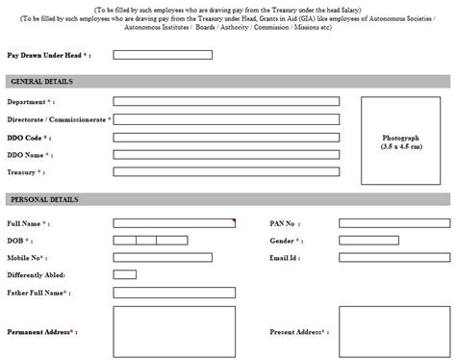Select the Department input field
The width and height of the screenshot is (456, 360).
pyautogui.click(x=226, y=101)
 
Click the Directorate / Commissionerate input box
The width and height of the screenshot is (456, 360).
pyautogui.click(x=226, y=119)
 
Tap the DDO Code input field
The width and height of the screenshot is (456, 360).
pyautogui.click(x=226, y=137)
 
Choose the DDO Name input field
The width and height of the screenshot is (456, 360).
pyautogui.click(x=226, y=154)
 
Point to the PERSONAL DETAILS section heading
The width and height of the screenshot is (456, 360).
pyautogui.click(x=42, y=199)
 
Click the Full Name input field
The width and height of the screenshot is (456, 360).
pyautogui.click(x=174, y=223)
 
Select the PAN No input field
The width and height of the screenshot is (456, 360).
pyautogui.click(x=394, y=223)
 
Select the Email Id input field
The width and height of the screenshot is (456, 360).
pyautogui.click(x=394, y=258)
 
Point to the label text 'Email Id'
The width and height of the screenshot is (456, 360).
pyautogui.click(x=284, y=258)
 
